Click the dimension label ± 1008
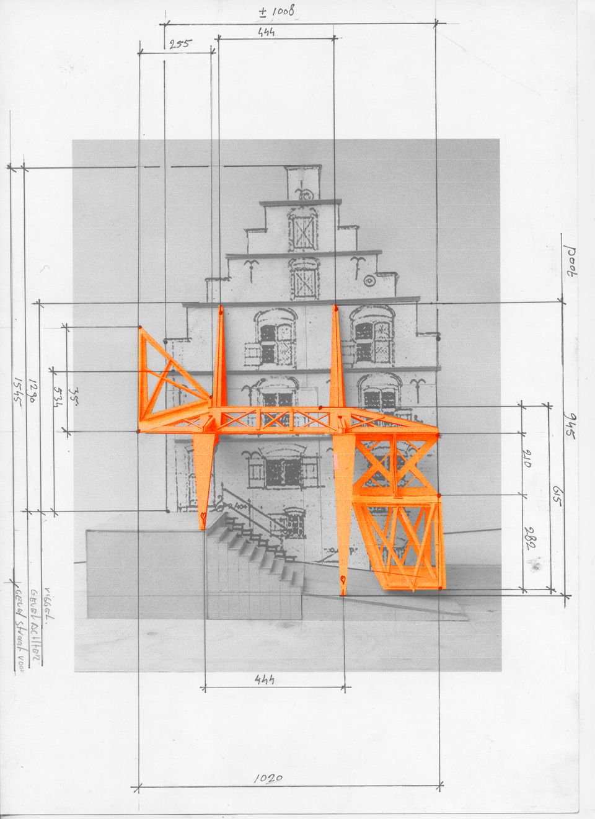click(276, 11)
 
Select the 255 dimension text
click(180, 44)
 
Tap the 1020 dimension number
click(268, 778)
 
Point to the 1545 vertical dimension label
click(17, 391)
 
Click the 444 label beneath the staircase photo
click(265, 680)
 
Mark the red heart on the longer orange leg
click(343, 580)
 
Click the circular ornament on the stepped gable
click(370, 280)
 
